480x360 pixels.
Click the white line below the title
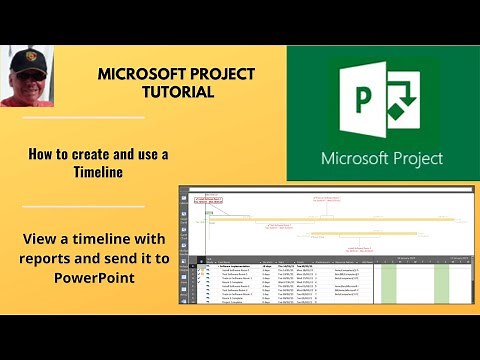(x=83, y=118)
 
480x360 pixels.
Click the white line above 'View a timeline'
(x=83, y=207)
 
